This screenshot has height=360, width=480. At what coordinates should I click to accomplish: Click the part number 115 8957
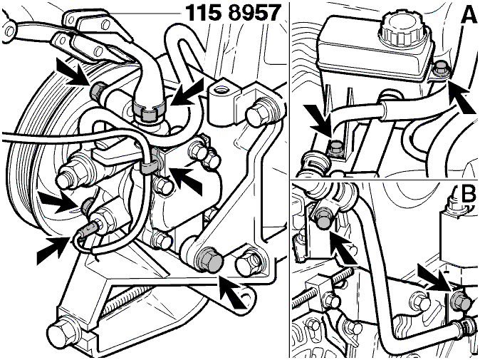(x=233, y=13)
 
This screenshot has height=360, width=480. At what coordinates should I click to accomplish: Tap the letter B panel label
(x=468, y=194)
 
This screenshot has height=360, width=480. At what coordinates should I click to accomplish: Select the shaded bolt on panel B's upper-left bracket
(x=324, y=218)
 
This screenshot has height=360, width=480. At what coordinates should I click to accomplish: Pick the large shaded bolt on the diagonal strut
(x=209, y=259)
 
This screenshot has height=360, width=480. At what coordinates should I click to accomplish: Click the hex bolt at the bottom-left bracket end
(x=61, y=332)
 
